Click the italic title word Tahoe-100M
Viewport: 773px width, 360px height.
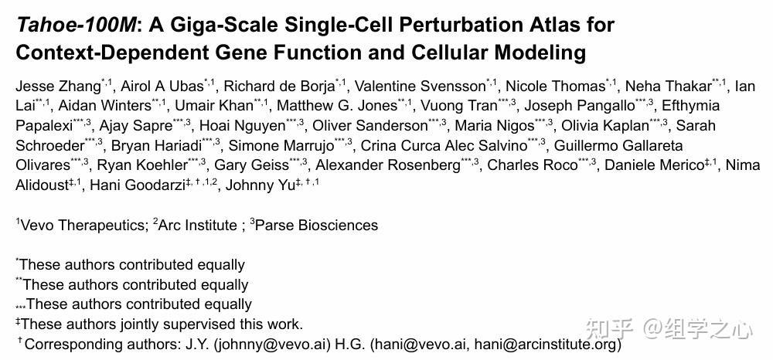click(75, 25)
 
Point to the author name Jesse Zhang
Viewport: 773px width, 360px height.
click(58, 87)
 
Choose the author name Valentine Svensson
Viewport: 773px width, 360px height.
click(421, 87)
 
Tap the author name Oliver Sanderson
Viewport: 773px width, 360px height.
click(370, 126)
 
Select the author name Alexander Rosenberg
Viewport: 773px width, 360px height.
click(388, 165)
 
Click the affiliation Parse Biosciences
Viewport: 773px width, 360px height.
click(316, 226)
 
